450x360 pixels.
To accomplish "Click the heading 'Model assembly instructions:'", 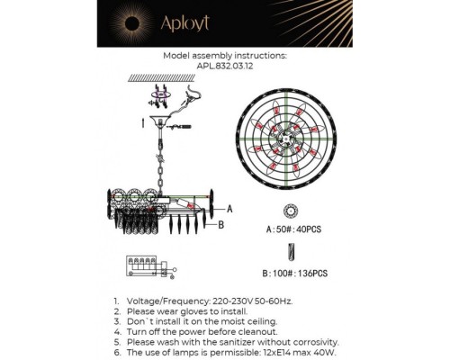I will pyautogui.click(x=225, y=54).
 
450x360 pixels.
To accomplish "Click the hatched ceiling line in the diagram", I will pyautogui.click(x=162, y=78).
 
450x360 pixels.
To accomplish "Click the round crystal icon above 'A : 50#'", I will pyautogui.click(x=290, y=211).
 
